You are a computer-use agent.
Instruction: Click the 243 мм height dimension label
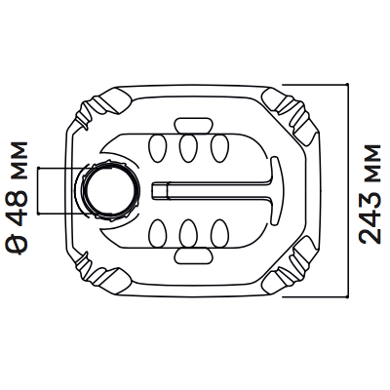click(370, 194)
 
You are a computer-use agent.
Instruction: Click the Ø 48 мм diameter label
click(16, 197)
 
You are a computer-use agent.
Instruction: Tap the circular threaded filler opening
click(109, 191)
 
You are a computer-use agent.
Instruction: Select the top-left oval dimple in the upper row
click(158, 148)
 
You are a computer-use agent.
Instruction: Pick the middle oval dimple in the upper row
click(188, 148)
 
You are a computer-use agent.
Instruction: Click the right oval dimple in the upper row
click(219, 148)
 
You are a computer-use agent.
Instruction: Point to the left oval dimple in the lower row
click(158, 233)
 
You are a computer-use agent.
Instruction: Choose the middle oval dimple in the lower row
click(188, 233)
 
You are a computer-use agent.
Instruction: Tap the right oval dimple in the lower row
click(219, 233)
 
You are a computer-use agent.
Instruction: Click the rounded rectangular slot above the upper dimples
click(194, 125)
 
